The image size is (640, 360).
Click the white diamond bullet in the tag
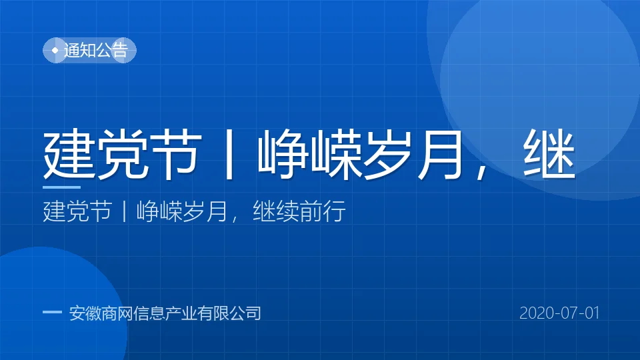pos(55,51)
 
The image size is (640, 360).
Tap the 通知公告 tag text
pos(96,51)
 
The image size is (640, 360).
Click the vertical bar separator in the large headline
pos(229,154)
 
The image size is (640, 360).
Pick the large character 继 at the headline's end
pos(549,154)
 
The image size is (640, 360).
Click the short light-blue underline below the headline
pos(61,187)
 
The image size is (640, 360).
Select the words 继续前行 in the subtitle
pos(299,211)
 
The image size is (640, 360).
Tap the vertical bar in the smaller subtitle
pos(124,211)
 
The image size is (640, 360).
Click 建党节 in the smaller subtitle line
pos(77,211)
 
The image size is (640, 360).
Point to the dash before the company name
pos(52,313)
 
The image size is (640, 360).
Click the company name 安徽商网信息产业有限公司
pos(165,313)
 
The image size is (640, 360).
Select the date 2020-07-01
pos(559,313)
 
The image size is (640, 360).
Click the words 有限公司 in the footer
pos(229,313)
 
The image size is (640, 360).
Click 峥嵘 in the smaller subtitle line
pos(159,211)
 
